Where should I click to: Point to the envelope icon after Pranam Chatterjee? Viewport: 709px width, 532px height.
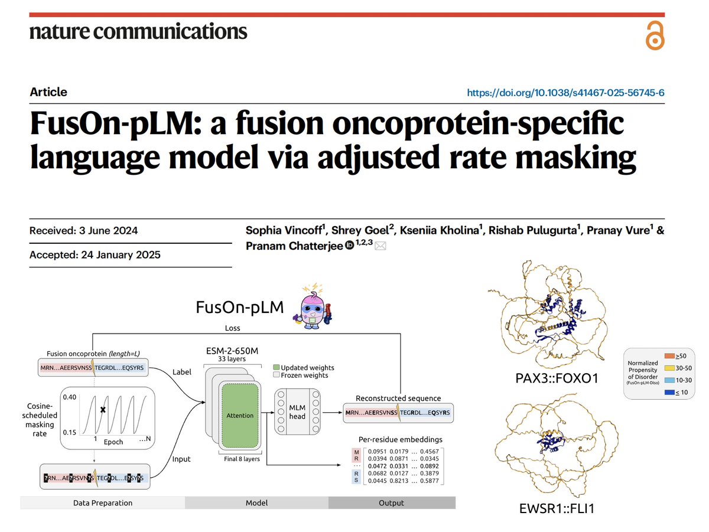tap(380, 246)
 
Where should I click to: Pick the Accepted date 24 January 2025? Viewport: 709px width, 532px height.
tap(95, 255)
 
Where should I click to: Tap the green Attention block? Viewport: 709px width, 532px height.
tap(240, 415)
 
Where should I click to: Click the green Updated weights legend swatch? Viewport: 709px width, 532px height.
tap(276, 366)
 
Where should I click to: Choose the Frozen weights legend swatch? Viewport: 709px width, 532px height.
tap(276, 375)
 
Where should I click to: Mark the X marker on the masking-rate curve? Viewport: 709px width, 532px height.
tap(102, 409)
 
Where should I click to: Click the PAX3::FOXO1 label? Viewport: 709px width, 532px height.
tap(556, 377)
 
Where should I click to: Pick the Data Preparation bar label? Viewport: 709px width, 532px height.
tap(103, 503)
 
